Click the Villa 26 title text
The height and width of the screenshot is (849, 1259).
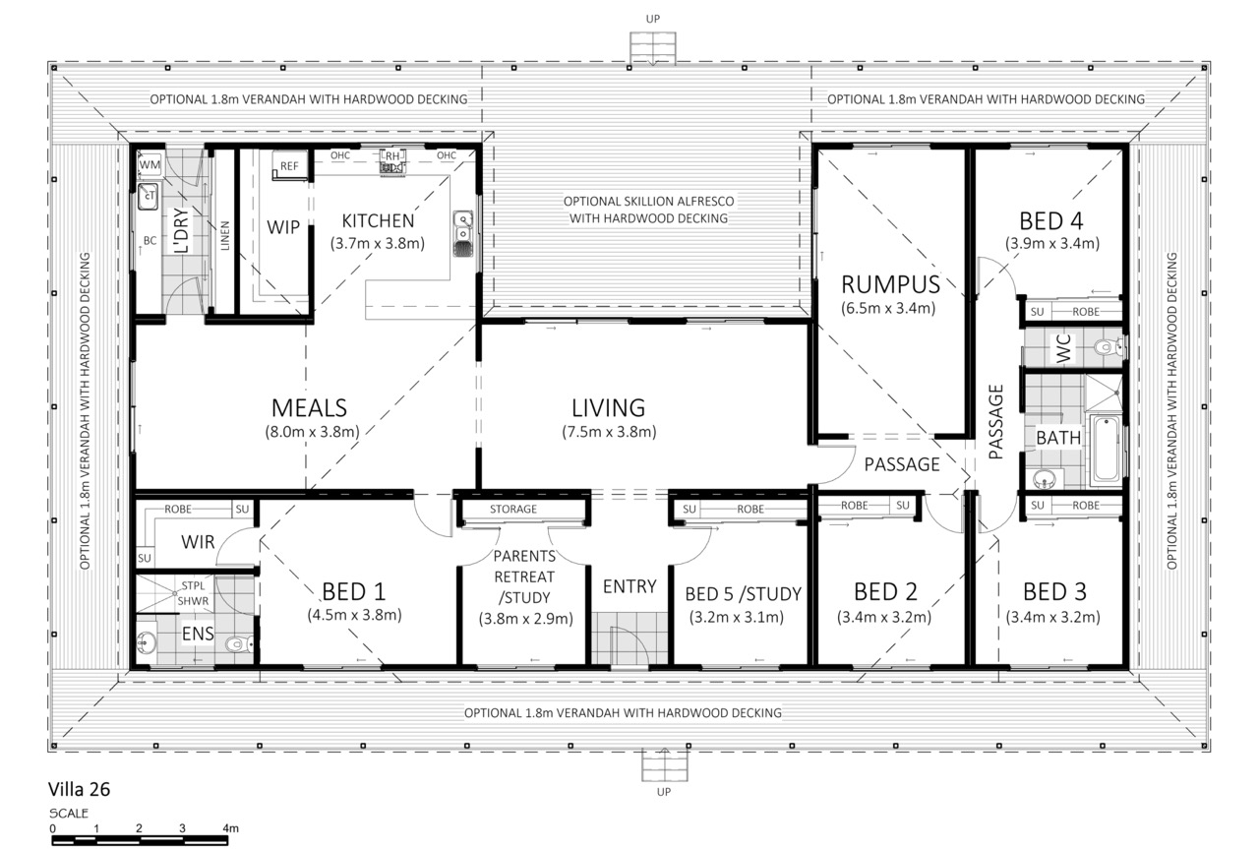tap(80, 789)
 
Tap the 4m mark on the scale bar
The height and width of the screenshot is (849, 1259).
tap(230, 828)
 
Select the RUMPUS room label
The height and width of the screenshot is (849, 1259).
tap(890, 284)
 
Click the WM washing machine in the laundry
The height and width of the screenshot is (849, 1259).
tap(150, 164)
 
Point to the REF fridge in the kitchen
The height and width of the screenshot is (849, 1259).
tap(289, 166)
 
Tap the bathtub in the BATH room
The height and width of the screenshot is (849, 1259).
tap(1107, 450)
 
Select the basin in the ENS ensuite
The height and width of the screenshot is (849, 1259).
tap(147, 642)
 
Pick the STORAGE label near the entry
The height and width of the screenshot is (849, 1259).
tap(513, 509)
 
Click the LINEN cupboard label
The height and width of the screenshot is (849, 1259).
tap(225, 235)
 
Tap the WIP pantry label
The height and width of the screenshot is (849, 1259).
tap(283, 227)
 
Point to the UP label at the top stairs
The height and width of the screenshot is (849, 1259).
tap(652, 19)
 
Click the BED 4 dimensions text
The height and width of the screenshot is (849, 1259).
tap(1052, 243)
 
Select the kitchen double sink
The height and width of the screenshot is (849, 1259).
tap(463, 234)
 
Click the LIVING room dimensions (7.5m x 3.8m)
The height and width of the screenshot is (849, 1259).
tap(609, 432)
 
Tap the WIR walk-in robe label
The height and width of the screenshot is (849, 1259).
tap(198, 542)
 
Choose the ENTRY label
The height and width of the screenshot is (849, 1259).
tap(629, 586)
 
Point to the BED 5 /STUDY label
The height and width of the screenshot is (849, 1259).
tap(743, 594)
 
